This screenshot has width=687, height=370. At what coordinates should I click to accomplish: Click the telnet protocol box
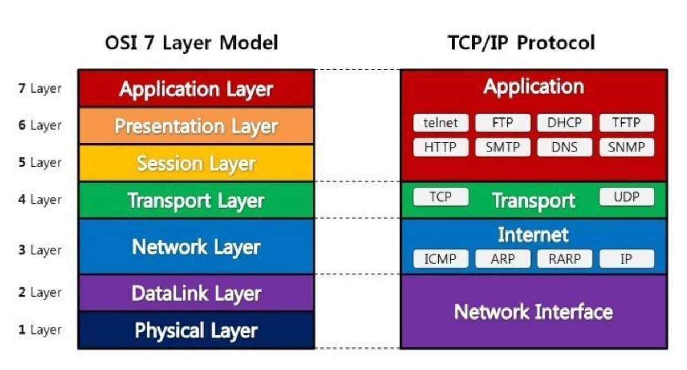click(x=441, y=123)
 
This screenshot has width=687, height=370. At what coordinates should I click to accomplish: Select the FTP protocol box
click(x=503, y=123)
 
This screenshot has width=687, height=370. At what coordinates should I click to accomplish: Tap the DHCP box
click(x=565, y=123)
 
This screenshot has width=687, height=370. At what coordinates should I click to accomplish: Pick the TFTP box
click(x=627, y=123)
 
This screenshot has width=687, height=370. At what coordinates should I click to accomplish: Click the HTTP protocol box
click(x=441, y=147)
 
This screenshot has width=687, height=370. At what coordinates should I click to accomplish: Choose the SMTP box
click(x=503, y=147)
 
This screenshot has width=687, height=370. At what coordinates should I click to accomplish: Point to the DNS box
click(x=565, y=147)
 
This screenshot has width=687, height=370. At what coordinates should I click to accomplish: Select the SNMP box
click(x=627, y=147)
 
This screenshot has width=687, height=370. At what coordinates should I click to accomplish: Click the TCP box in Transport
click(x=441, y=197)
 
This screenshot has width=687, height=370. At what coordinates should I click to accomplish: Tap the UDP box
click(x=627, y=197)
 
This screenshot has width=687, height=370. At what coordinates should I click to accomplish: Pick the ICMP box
click(x=441, y=259)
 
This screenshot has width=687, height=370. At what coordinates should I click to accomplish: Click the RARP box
click(x=565, y=259)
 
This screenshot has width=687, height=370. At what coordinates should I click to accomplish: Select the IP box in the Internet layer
click(x=627, y=259)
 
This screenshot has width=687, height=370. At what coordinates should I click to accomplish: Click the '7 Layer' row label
click(x=40, y=89)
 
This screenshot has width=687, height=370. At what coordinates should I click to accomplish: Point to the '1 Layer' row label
click(x=40, y=330)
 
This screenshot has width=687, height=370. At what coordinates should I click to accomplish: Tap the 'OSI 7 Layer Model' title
click(x=191, y=43)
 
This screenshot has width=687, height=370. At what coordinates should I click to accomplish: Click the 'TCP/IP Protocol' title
click(x=522, y=43)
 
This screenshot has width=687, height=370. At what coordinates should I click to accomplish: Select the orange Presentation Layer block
click(x=196, y=126)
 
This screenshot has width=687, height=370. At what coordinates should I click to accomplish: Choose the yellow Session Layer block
click(x=196, y=163)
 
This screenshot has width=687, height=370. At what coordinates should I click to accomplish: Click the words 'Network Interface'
click(x=534, y=312)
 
